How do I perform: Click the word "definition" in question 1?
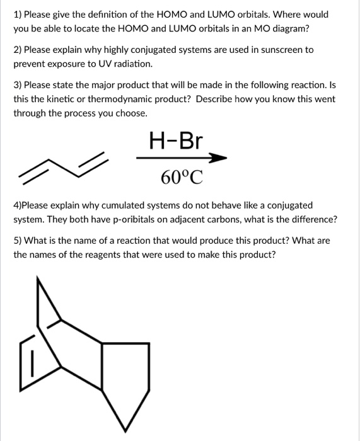(x=146, y=14)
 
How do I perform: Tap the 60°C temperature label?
(x=182, y=178)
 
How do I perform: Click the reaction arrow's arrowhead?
(x=218, y=158)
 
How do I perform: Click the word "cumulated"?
(x=122, y=205)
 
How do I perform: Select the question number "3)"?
(x=18, y=85)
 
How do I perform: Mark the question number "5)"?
(x=18, y=241)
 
